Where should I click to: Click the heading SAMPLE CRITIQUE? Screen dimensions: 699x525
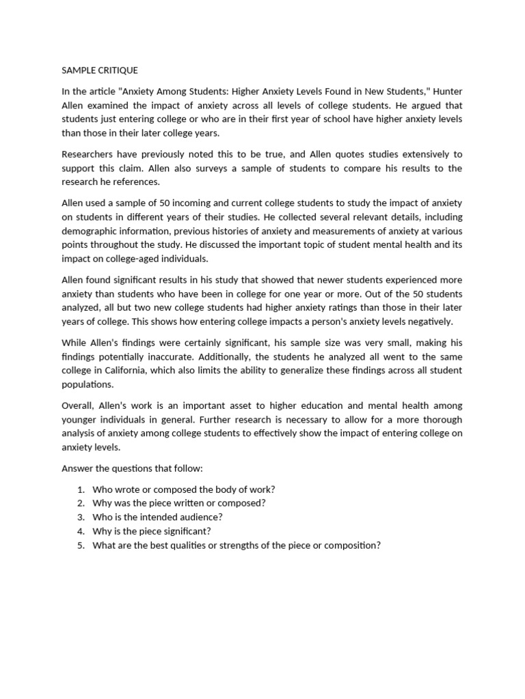100,70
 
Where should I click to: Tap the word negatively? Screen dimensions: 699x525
430,322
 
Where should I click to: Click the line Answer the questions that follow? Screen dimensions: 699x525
133,468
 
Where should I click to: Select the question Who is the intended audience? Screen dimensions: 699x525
163,517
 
